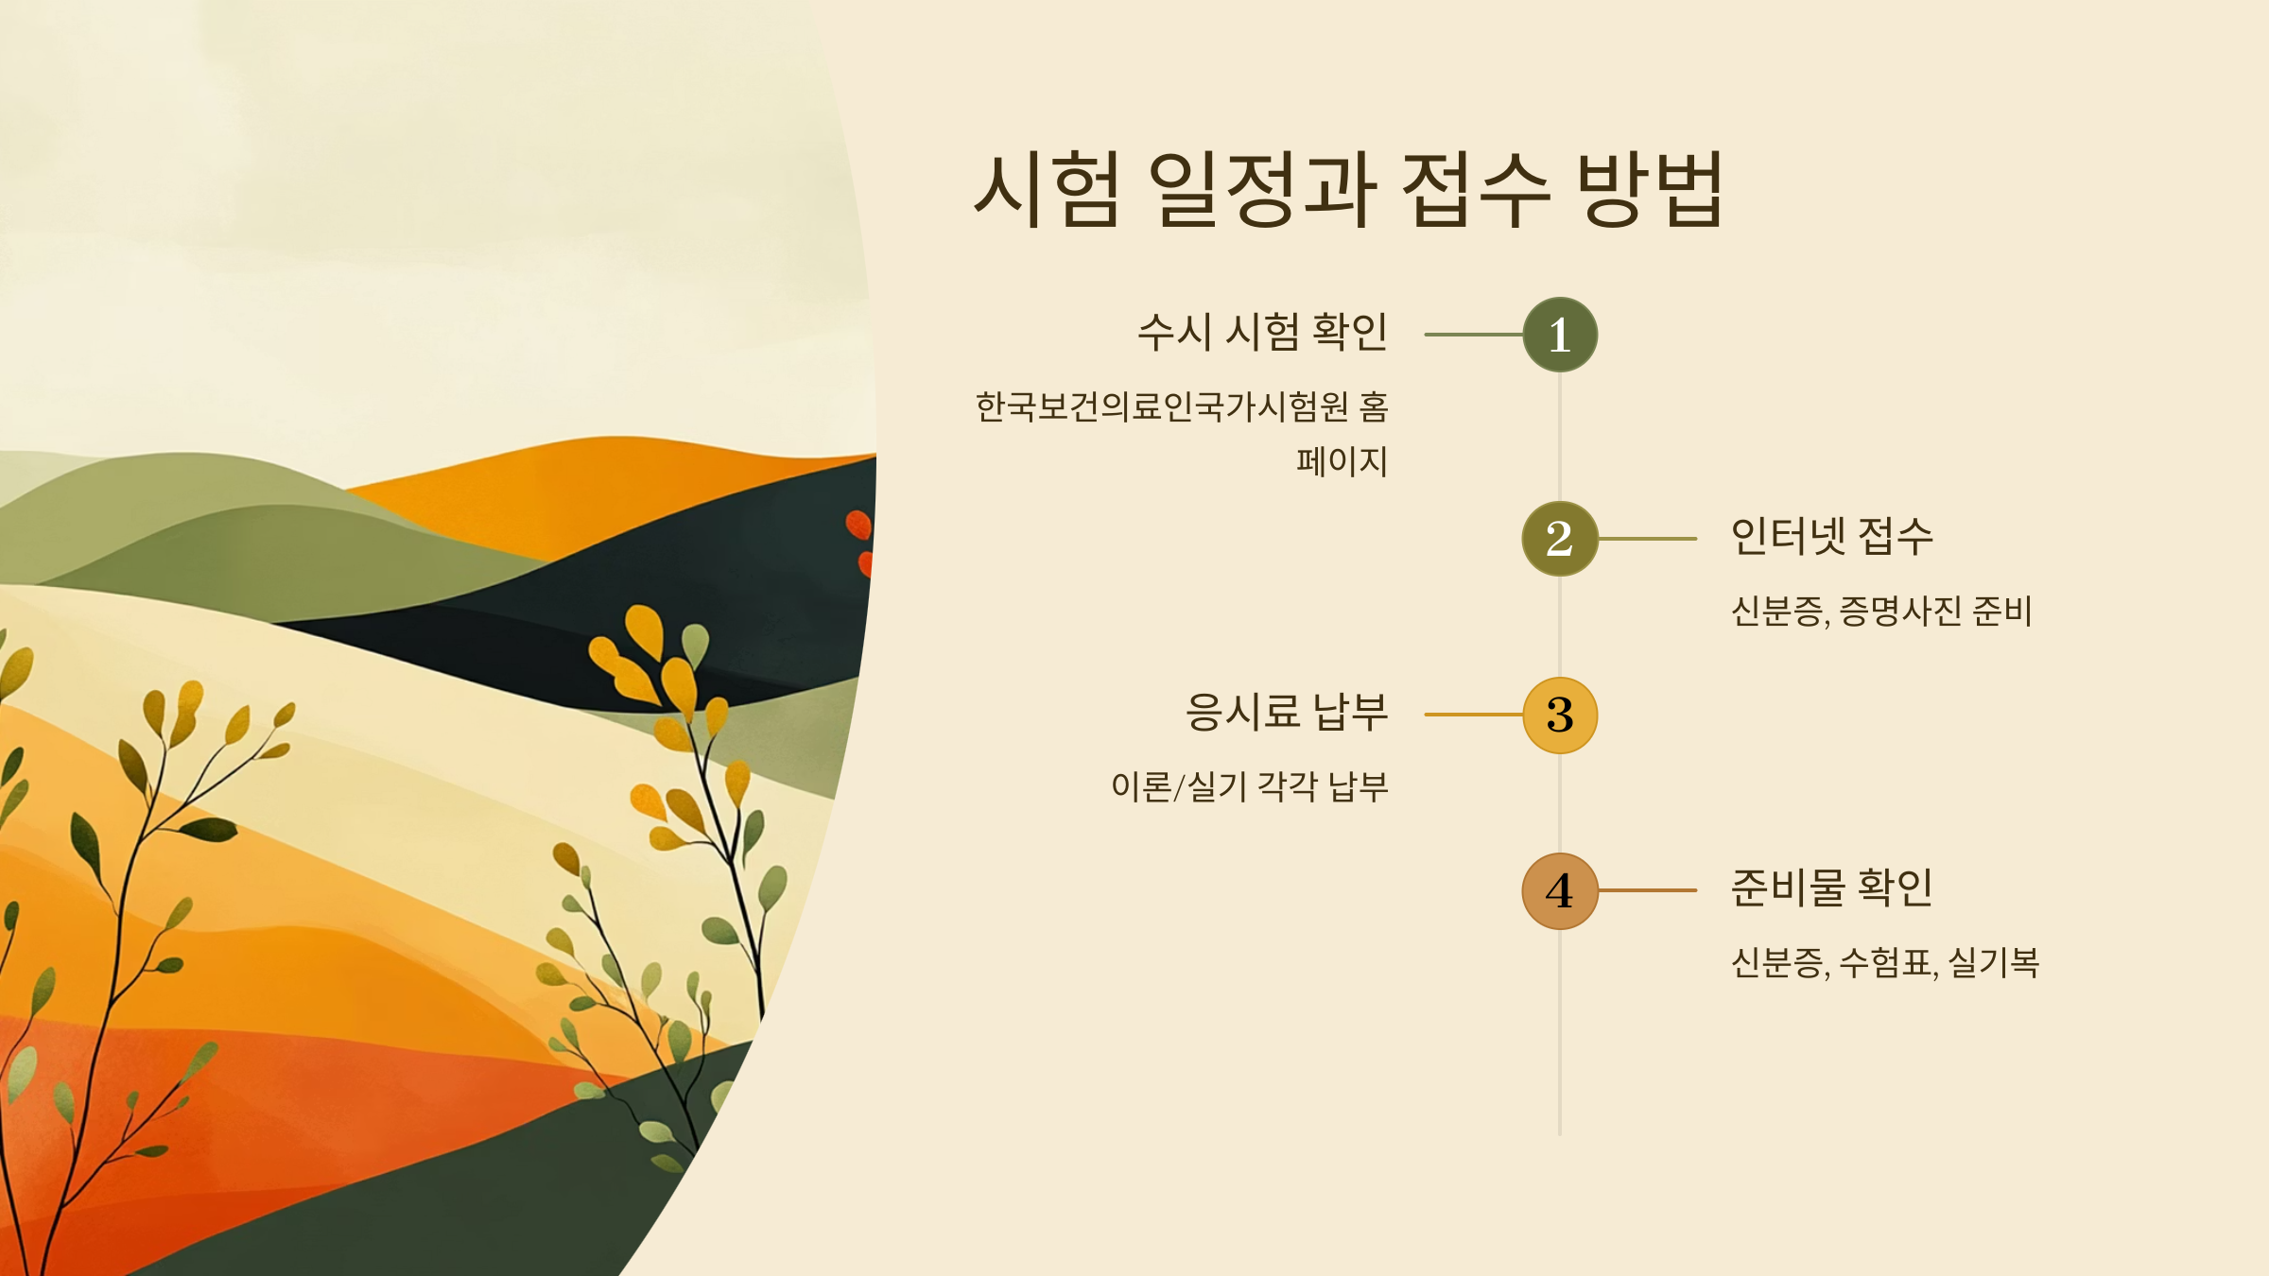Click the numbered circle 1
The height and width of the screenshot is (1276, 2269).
point(1560,335)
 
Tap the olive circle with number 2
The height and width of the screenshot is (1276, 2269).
point(1560,539)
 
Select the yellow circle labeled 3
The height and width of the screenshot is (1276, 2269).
point(1560,715)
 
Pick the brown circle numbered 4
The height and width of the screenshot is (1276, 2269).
point(1560,890)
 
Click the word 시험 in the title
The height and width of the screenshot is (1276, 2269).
point(1048,189)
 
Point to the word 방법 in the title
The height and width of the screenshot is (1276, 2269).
point(1651,189)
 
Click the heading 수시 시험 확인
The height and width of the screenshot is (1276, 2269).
point(1262,333)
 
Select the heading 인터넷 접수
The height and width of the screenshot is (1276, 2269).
point(1831,537)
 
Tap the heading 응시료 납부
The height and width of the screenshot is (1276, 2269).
point(1287,713)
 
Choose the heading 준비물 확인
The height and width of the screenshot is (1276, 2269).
point(1831,888)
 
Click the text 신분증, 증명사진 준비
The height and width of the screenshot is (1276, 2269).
point(1881,612)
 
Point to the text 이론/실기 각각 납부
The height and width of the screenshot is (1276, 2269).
point(1249,786)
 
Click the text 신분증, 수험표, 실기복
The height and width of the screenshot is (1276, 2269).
point(1885,963)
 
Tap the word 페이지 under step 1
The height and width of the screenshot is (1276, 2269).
point(1342,462)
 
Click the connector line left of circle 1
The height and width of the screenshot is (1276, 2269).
point(1473,335)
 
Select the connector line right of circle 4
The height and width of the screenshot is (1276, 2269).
point(1647,890)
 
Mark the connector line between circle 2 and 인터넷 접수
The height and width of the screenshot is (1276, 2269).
point(1647,539)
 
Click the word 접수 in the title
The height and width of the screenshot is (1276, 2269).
point(1475,189)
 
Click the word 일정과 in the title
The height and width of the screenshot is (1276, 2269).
point(1262,189)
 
